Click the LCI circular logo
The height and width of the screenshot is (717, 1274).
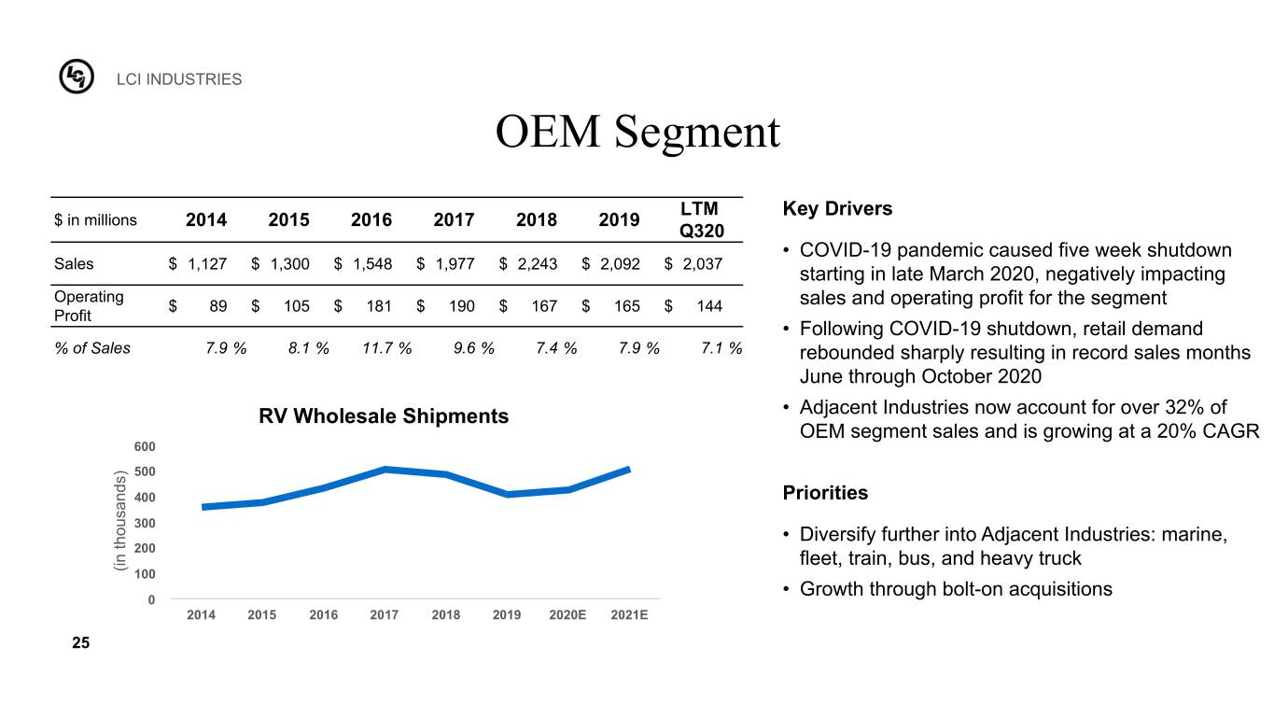tap(77, 77)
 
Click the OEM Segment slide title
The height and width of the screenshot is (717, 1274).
tap(637, 132)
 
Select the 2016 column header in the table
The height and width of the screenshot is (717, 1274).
tap(371, 219)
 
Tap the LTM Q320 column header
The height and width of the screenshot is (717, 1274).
tap(701, 219)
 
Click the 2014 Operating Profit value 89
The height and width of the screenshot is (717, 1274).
tap(217, 306)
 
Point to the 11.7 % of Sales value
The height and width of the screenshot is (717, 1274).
tap(386, 347)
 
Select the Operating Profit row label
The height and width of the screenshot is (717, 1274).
tap(89, 306)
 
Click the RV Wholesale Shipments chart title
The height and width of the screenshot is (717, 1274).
tap(384, 416)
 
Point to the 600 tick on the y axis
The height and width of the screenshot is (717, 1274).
tap(145, 446)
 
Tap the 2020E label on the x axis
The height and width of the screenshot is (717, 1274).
tap(567, 614)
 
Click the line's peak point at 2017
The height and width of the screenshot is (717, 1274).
tap(385, 470)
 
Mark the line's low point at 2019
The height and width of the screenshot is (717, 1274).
tap(507, 494)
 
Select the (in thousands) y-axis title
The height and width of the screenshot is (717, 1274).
tap(119, 521)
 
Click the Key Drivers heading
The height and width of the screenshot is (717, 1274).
tap(837, 208)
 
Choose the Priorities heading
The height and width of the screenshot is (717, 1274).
tap(825, 492)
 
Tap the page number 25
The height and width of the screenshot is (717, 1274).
tap(81, 642)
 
